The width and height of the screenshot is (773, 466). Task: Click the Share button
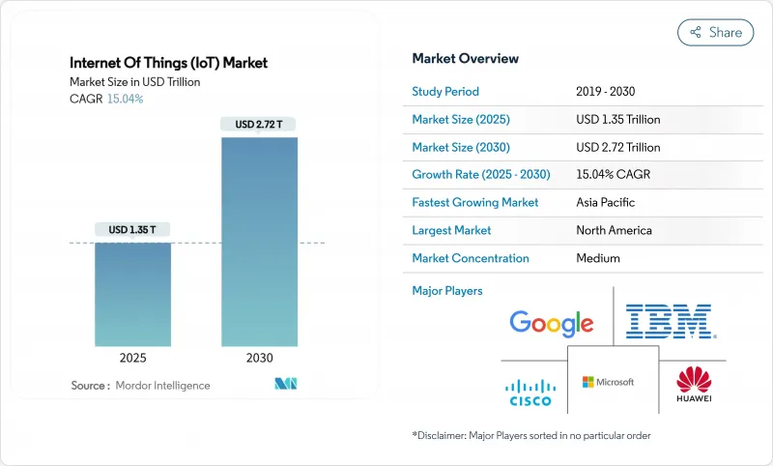click(716, 32)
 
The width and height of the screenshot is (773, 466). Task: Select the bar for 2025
click(132, 294)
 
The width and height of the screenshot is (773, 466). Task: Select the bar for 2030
click(259, 242)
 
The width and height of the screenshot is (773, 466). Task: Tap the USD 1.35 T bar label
click(132, 229)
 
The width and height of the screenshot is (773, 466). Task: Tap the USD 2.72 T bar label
click(259, 124)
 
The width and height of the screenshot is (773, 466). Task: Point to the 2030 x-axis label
click(259, 358)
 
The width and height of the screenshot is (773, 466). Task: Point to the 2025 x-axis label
click(132, 358)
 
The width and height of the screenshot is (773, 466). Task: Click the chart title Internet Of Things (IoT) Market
click(169, 63)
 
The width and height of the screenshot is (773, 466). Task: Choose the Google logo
click(551, 323)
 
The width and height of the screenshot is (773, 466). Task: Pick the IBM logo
click(669, 321)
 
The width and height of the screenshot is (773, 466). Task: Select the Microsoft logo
click(609, 382)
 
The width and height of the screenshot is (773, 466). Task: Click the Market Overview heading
click(466, 58)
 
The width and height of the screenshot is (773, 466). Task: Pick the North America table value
click(614, 230)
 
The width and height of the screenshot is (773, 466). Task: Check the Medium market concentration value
click(597, 258)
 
